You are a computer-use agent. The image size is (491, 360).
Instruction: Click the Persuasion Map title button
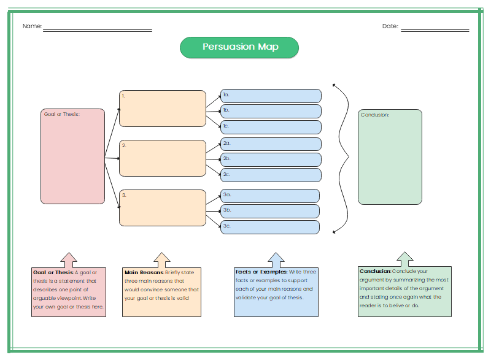239,47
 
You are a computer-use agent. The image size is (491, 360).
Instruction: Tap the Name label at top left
32,26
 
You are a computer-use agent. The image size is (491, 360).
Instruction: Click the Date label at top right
390,26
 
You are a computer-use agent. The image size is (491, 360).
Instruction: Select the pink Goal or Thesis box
72,156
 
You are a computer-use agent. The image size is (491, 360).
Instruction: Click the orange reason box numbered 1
163,109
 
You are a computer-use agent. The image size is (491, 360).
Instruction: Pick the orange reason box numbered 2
163,158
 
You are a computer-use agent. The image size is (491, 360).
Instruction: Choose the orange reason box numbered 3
163,208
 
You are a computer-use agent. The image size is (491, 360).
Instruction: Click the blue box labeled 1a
271,96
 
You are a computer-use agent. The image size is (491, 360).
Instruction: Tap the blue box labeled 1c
271,127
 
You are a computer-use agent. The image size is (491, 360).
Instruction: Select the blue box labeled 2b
271,159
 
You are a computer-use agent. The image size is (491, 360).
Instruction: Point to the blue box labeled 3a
270,196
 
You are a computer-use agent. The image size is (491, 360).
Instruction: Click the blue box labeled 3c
270,227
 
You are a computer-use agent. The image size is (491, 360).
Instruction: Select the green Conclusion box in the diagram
390,157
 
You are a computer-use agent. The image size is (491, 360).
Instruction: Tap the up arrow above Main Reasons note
162,260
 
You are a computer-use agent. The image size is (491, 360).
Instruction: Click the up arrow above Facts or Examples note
277,260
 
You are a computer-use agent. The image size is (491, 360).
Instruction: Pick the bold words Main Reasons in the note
144,272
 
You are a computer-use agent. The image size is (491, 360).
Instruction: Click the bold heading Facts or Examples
261,272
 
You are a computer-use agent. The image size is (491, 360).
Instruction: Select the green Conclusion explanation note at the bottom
404,291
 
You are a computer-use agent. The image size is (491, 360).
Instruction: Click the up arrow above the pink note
69,260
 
